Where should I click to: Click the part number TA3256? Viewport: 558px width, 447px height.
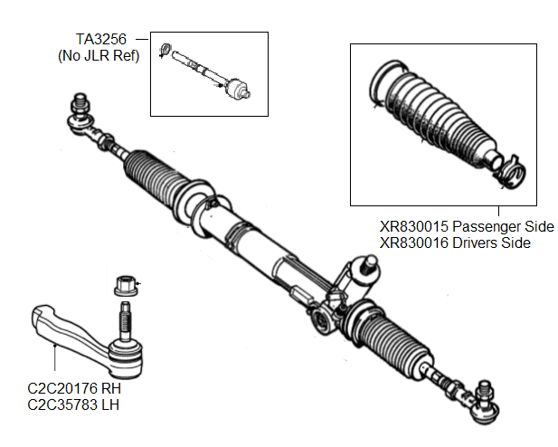tap(100, 40)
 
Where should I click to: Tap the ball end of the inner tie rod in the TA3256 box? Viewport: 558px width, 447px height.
tap(238, 90)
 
